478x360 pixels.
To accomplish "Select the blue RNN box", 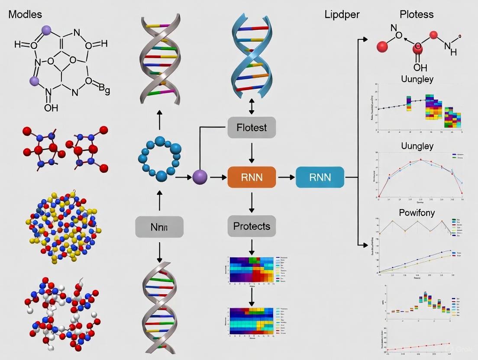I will coord(320,177).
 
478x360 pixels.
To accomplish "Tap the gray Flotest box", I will coord(252,128).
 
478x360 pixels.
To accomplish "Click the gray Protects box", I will coord(252,226).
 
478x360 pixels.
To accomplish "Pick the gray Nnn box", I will coord(159,227).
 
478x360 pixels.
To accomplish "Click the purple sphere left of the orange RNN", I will coord(200,177).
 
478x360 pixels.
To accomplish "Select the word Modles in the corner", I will coord(25,14).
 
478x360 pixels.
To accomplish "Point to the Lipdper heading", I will coord(342,14).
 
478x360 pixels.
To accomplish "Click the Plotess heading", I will coord(417,14).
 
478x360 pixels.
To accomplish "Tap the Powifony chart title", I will coord(417,212).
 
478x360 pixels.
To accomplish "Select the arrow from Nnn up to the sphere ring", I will coord(159,202).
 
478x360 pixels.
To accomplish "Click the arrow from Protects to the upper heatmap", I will coord(252,247).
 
